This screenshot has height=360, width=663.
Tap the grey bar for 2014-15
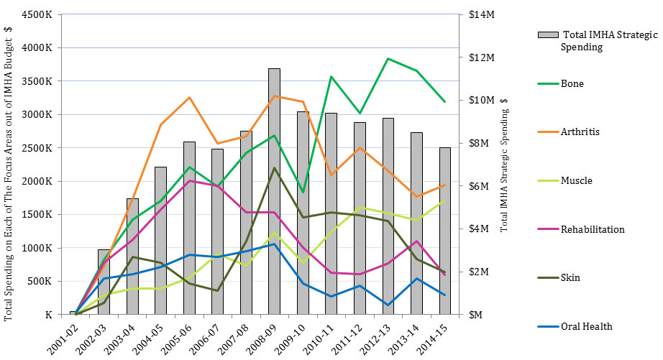click(445, 231)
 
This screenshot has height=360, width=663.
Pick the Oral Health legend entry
click(586, 326)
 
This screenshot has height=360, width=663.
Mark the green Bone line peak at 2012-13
click(388, 59)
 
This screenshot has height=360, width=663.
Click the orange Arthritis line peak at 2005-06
click(189, 97)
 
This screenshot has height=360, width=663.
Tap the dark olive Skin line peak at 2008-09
click(274, 167)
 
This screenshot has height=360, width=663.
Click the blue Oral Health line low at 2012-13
click(388, 305)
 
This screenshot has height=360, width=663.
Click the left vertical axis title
click(9, 172)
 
